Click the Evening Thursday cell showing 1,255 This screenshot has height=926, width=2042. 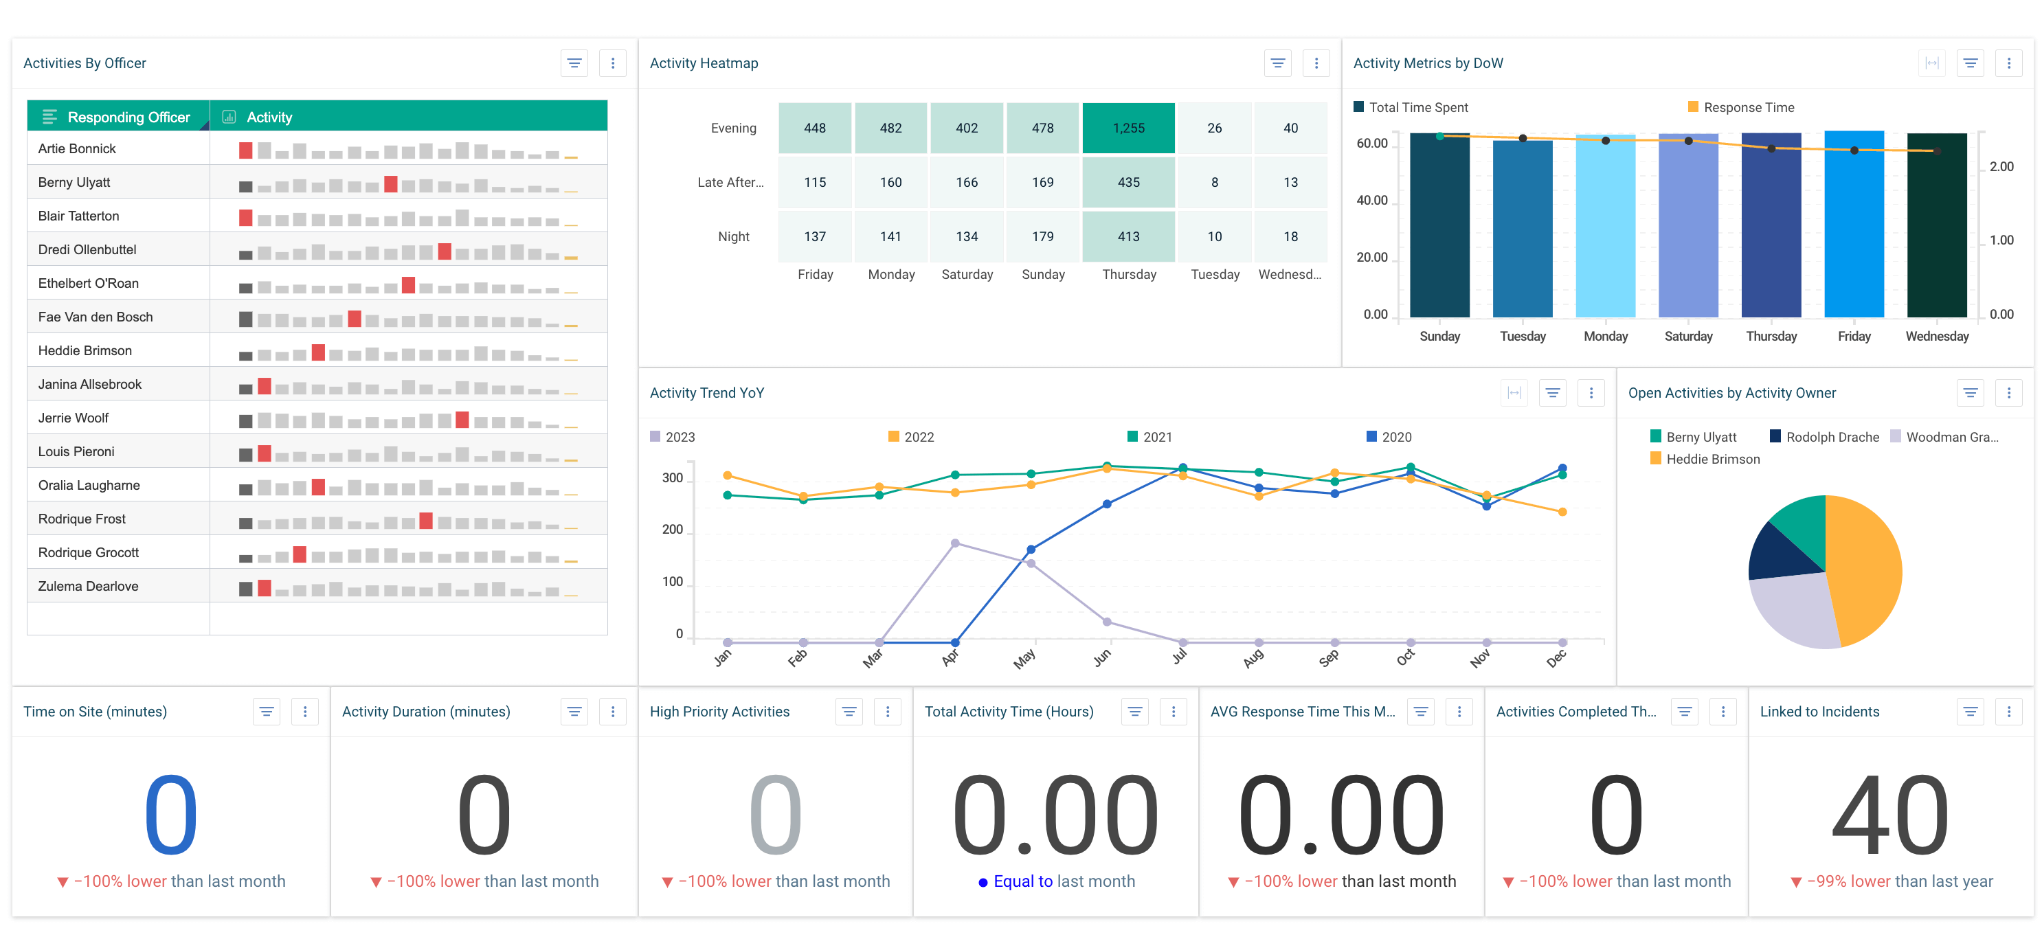click(x=1128, y=128)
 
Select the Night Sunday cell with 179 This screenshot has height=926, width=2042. click(x=1042, y=236)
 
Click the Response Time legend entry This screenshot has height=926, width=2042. click(x=1748, y=107)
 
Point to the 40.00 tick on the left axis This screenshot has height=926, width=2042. click(x=1371, y=201)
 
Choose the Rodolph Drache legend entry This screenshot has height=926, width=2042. click(x=1831, y=437)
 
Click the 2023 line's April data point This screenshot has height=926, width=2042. click(x=954, y=543)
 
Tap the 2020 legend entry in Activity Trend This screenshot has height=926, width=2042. click(x=1395, y=437)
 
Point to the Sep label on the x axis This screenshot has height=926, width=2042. click(x=1329, y=658)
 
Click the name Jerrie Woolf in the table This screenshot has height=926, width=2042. click(x=74, y=418)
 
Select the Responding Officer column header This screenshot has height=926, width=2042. click(x=128, y=117)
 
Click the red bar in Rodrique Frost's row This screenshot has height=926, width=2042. click(x=426, y=521)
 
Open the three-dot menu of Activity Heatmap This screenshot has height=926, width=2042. click(x=1316, y=63)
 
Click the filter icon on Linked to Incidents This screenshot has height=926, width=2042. click(x=1970, y=712)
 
